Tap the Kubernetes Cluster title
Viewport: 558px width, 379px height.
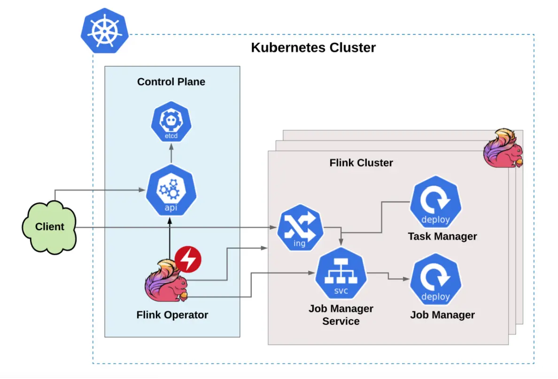tap(313, 47)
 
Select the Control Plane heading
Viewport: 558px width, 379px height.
tap(171, 82)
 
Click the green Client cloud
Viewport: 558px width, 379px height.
tap(49, 227)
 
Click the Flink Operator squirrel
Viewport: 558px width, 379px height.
tap(167, 281)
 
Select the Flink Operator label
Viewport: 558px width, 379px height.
tap(172, 315)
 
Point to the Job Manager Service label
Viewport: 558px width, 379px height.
tap(341, 315)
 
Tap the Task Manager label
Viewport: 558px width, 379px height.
tap(442, 236)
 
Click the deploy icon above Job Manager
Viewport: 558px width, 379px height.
tap(435, 280)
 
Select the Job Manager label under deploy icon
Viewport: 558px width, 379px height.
tap(442, 315)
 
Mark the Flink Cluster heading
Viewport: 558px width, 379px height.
tap(361, 163)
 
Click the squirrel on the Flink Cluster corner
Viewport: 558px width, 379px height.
tap(503, 149)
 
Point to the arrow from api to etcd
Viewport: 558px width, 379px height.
tap(171, 154)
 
